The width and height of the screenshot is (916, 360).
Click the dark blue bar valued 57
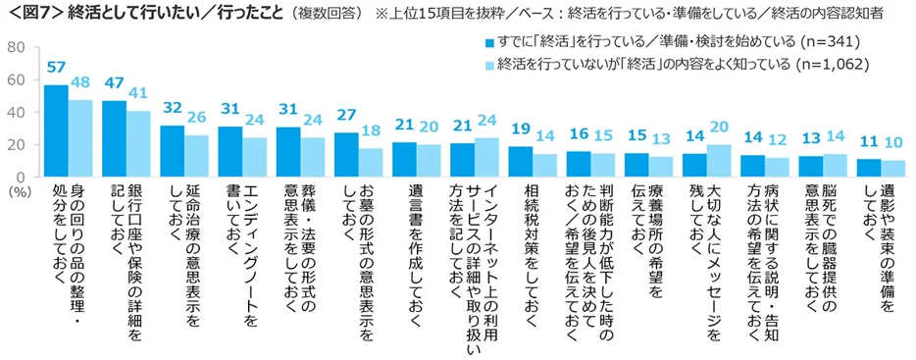pyautogui.click(x=56, y=130)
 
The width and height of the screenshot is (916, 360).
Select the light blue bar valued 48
pyautogui.click(x=80, y=137)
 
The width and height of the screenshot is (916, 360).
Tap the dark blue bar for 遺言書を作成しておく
pyautogui.click(x=403, y=159)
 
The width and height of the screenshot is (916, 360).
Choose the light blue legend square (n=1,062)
pyautogui.click(x=489, y=65)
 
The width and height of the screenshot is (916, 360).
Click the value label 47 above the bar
pyautogui.click(x=115, y=84)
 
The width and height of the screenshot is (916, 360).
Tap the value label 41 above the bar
pyautogui.click(x=139, y=94)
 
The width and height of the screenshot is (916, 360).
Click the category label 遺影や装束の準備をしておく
pyautogui.click(x=878, y=235)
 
